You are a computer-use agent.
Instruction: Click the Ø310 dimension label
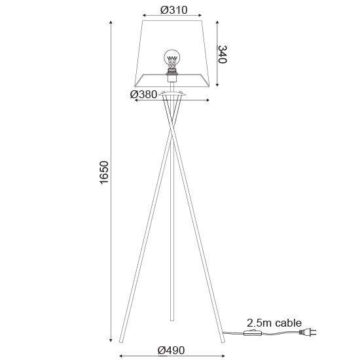click(174, 10)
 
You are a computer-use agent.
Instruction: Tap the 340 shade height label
click(223, 54)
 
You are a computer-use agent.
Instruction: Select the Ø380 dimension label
click(143, 94)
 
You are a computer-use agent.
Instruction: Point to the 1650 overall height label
click(104, 172)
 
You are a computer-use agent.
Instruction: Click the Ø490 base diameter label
click(171, 350)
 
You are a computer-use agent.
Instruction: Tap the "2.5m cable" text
click(274, 323)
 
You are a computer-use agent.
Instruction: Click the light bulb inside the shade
click(171, 59)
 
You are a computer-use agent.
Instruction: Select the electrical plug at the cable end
click(308, 333)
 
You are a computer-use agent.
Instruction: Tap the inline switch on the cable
click(253, 333)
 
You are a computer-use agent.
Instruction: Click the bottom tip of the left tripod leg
click(121, 342)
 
